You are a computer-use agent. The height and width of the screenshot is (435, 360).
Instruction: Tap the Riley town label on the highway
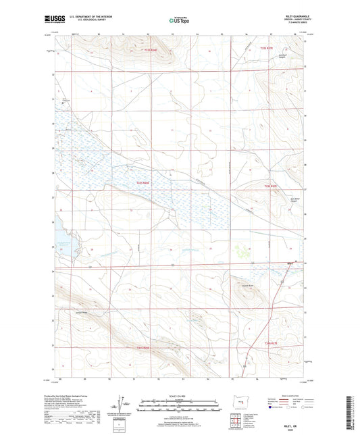[x=290, y=263]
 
